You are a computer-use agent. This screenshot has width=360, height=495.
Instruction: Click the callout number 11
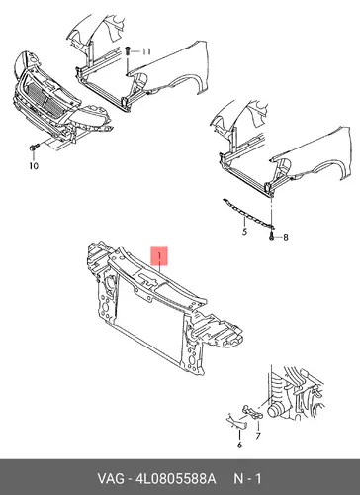[146, 51]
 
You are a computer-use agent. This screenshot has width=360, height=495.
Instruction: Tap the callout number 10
[34, 166]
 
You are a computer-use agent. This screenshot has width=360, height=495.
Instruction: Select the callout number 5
[244, 232]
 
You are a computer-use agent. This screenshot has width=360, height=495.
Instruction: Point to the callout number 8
[285, 237]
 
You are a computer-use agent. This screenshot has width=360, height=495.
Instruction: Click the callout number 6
[239, 445]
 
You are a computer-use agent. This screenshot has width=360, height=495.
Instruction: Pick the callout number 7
[258, 436]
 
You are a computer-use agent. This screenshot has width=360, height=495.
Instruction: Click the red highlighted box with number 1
[159, 255]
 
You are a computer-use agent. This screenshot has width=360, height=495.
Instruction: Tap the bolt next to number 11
[128, 51]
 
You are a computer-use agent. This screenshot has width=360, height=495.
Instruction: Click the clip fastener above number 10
[34, 148]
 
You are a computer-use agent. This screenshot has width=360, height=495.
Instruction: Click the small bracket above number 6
[236, 421]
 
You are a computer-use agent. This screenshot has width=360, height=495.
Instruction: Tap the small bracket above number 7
[252, 411]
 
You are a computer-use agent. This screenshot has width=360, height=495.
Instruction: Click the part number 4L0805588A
[176, 478]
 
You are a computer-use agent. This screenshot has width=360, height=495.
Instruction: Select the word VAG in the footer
[111, 478]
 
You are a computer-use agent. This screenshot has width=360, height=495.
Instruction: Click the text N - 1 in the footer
[247, 478]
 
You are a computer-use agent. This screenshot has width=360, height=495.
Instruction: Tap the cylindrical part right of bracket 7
[276, 410]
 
